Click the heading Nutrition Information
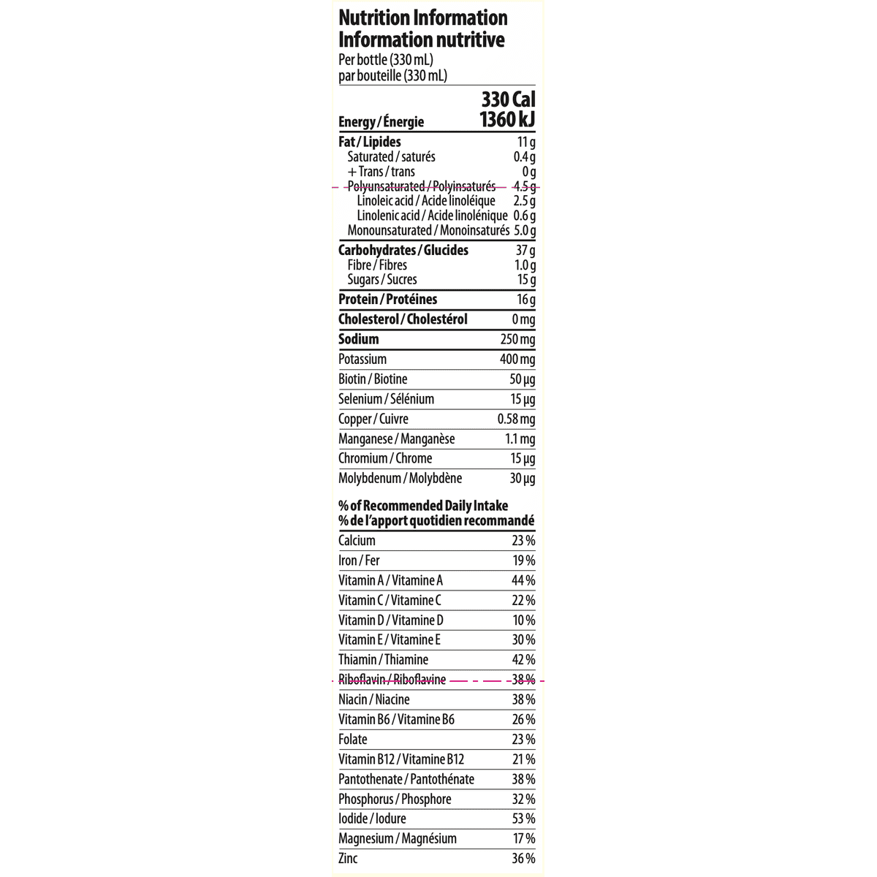point(422,18)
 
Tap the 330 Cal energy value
point(508,99)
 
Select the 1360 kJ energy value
point(507,120)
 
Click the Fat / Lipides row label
point(369,142)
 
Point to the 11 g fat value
point(526,142)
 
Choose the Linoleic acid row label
point(426,201)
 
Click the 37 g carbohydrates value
point(525,251)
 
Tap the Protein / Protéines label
point(387,300)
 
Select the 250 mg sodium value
point(517,339)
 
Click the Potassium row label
point(362,360)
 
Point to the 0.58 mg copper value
point(516,419)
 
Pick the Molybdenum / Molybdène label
point(400,479)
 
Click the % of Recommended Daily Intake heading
point(423,506)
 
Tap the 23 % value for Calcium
point(523,541)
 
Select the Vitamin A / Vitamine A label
point(390,581)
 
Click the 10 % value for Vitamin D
point(523,620)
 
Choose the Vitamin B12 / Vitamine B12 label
point(401,759)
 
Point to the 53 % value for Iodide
point(523,819)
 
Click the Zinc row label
point(348,859)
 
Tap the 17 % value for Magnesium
point(523,839)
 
